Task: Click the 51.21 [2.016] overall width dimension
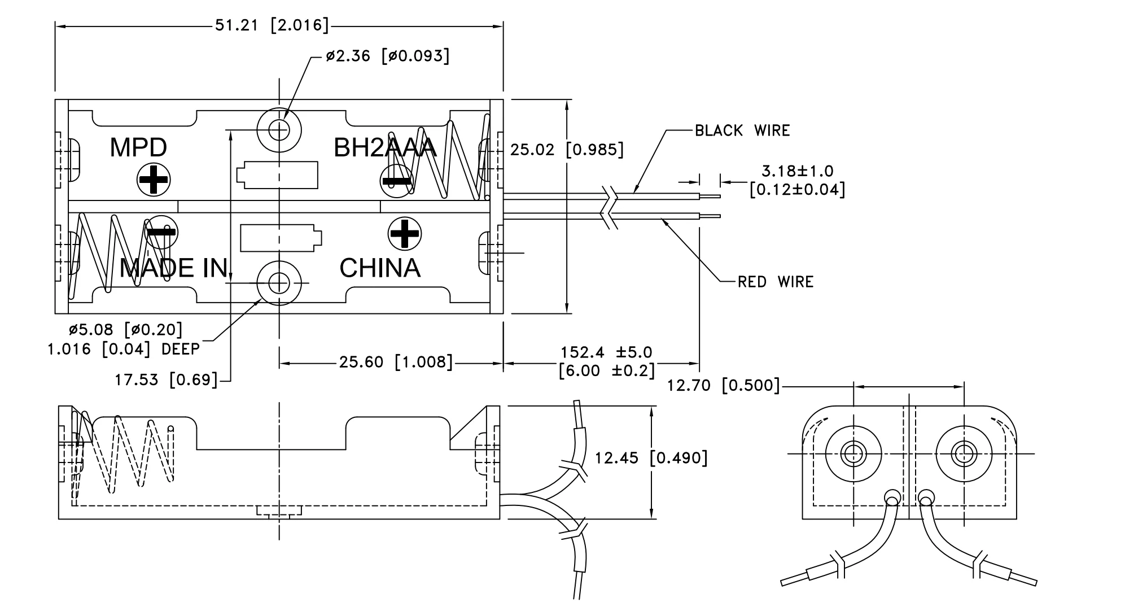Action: coord(272,25)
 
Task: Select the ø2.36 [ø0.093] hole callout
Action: coord(387,56)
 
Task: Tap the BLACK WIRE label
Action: coord(742,130)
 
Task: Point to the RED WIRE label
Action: coord(776,282)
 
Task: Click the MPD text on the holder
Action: coord(138,147)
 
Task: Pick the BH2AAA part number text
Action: coord(385,147)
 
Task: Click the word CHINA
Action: coord(380,268)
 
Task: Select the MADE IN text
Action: coord(174,268)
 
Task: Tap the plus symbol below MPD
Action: coord(154,181)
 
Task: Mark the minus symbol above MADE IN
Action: coord(161,232)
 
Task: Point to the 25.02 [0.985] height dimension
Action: coord(567,150)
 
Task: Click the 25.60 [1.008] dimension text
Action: coord(396,362)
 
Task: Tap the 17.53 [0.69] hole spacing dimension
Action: coord(166,379)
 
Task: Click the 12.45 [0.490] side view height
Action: coord(650,457)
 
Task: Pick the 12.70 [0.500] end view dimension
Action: coord(723,386)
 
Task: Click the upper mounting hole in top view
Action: coord(279,130)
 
